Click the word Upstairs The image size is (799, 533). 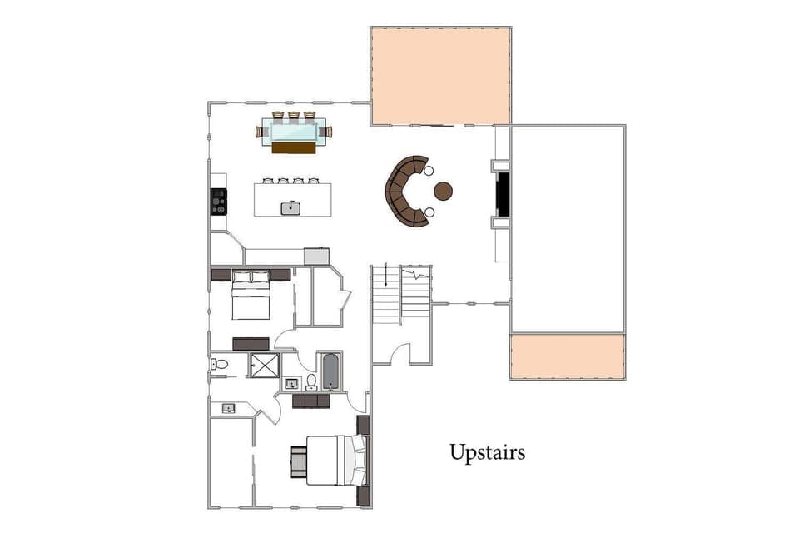coord(487,452)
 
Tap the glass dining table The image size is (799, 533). coord(293,131)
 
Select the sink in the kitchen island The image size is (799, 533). coord(290,207)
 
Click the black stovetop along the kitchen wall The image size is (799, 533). coord(218,201)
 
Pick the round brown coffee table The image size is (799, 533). coord(443,191)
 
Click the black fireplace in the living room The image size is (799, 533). coord(503,195)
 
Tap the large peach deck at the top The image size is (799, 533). coord(440,76)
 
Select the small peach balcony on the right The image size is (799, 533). coord(567,356)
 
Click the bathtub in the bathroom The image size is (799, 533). coord(330,371)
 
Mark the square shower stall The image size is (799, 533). coord(265,365)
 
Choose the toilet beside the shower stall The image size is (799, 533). coord(219,364)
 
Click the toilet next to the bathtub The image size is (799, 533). coord(311,381)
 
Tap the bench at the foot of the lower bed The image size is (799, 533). coord(298,461)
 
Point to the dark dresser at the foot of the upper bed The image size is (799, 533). coord(251,343)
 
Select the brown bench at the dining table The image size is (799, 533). coord(294,147)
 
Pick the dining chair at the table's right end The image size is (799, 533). coord(329,132)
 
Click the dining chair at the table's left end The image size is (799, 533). coord(258,132)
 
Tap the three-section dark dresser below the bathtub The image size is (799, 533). coord(311,401)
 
